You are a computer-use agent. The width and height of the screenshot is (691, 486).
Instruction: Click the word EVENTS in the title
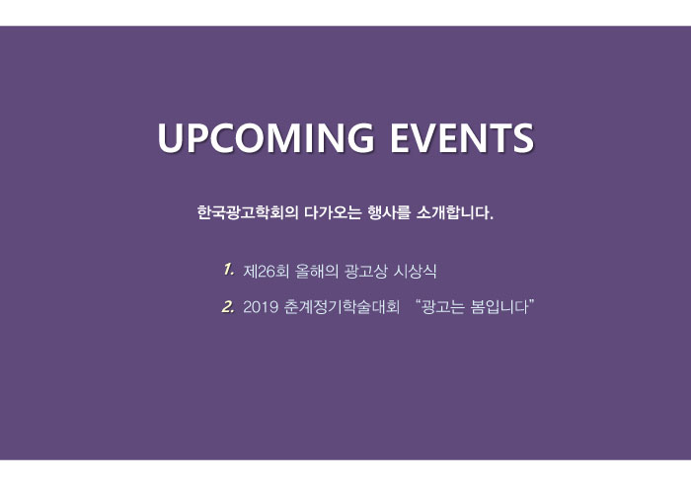pyautogui.click(x=462, y=137)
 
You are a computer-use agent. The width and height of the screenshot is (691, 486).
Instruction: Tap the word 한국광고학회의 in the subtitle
pyautogui.click(x=248, y=213)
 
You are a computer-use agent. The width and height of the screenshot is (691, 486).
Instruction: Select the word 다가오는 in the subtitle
pyautogui.click(x=333, y=213)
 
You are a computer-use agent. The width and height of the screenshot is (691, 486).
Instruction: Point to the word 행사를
pyautogui.click(x=389, y=213)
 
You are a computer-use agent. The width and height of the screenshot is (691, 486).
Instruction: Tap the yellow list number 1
pyautogui.click(x=228, y=269)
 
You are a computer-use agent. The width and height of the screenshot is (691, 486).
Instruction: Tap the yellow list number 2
pyautogui.click(x=228, y=306)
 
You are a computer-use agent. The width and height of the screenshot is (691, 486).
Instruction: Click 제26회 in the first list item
pyautogui.click(x=266, y=272)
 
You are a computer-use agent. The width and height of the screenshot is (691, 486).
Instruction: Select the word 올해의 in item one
pyautogui.click(x=317, y=272)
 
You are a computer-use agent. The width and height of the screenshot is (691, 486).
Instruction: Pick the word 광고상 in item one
pyautogui.click(x=365, y=272)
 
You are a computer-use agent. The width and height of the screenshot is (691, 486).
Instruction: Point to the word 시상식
pyautogui.click(x=415, y=272)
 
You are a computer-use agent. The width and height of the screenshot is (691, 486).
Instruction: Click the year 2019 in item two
pyautogui.click(x=261, y=307)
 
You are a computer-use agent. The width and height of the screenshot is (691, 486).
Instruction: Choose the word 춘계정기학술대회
pyautogui.click(x=342, y=307)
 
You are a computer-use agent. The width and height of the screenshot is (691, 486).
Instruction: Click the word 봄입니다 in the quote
pyautogui.click(x=499, y=307)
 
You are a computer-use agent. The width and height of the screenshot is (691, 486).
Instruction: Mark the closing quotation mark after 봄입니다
pyautogui.click(x=531, y=302)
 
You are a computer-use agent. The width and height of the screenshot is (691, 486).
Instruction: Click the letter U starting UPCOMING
pyautogui.click(x=170, y=138)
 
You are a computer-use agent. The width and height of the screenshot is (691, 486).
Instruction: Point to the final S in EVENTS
pyautogui.click(x=523, y=137)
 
